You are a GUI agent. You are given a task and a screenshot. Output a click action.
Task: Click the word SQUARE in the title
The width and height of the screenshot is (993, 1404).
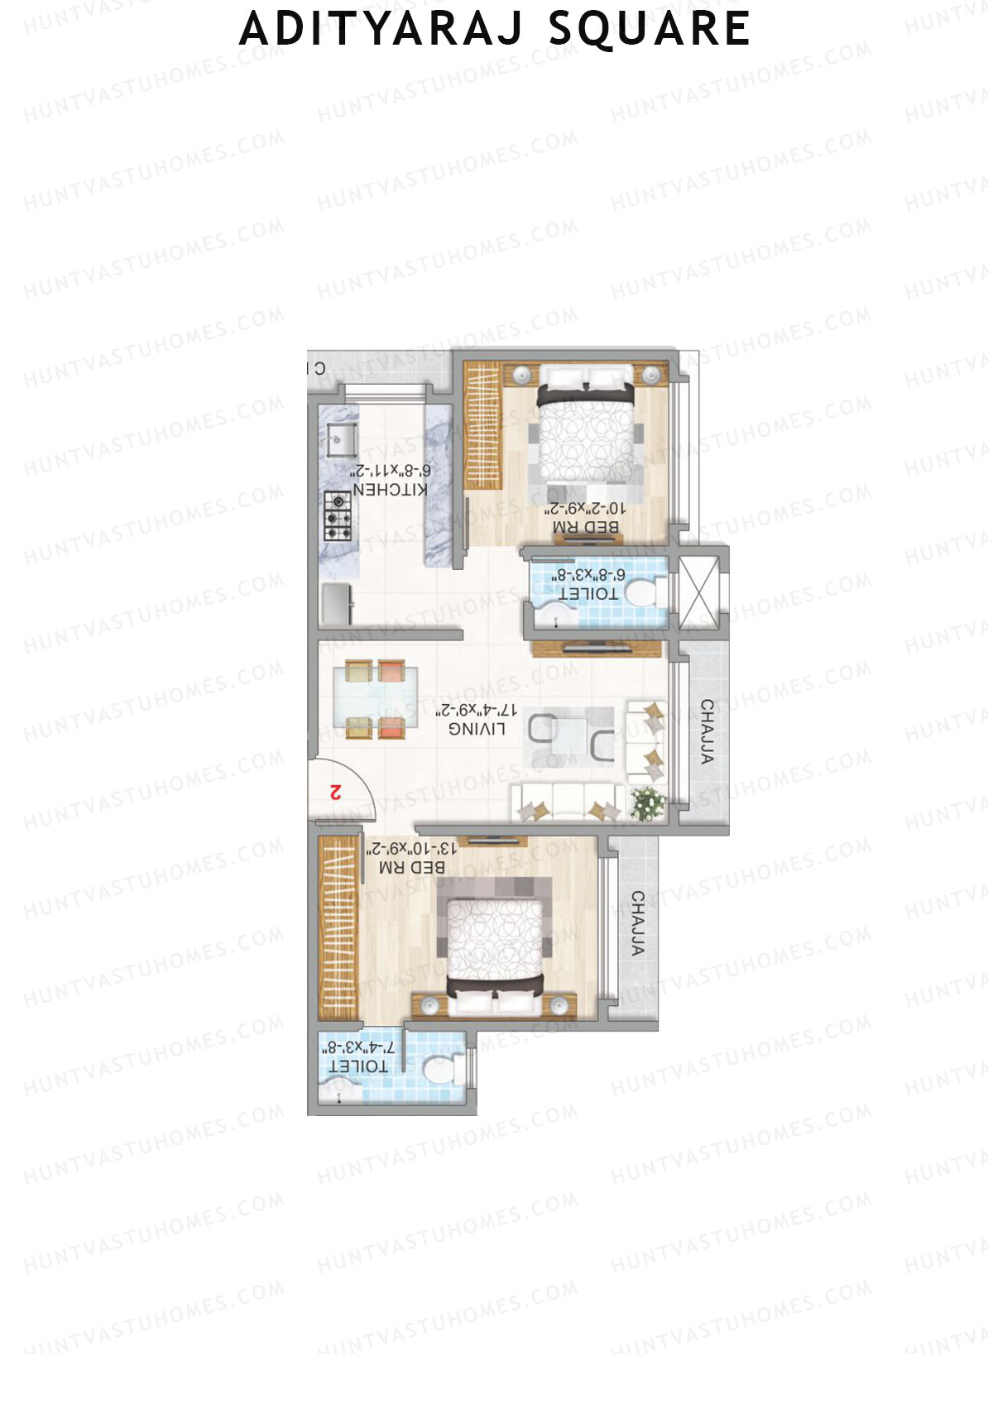pyautogui.click(x=650, y=30)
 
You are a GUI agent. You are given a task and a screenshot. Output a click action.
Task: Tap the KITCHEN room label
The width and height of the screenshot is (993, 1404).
pyautogui.click(x=391, y=490)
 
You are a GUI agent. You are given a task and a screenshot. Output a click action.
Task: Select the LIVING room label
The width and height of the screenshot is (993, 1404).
pyautogui.click(x=477, y=729)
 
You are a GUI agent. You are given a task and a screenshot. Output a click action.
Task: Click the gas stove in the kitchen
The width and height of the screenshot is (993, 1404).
pyautogui.click(x=338, y=516)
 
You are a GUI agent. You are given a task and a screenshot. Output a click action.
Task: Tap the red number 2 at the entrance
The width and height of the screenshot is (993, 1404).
pyautogui.click(x=335, y=792)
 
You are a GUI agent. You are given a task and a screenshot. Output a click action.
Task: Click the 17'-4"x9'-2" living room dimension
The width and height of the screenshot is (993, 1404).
pyautogui.click(x=477, y=710)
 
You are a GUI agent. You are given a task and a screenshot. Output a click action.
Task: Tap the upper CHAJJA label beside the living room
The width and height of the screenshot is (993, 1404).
pyautogui.click(x=708, y=731)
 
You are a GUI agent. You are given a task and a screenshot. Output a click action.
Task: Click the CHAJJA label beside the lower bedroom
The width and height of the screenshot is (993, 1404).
pyautogui.click(x=637, y=923)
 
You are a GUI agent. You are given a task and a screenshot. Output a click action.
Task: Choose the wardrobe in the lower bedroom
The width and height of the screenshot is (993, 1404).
pyautogui.click(x=337, y=927)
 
